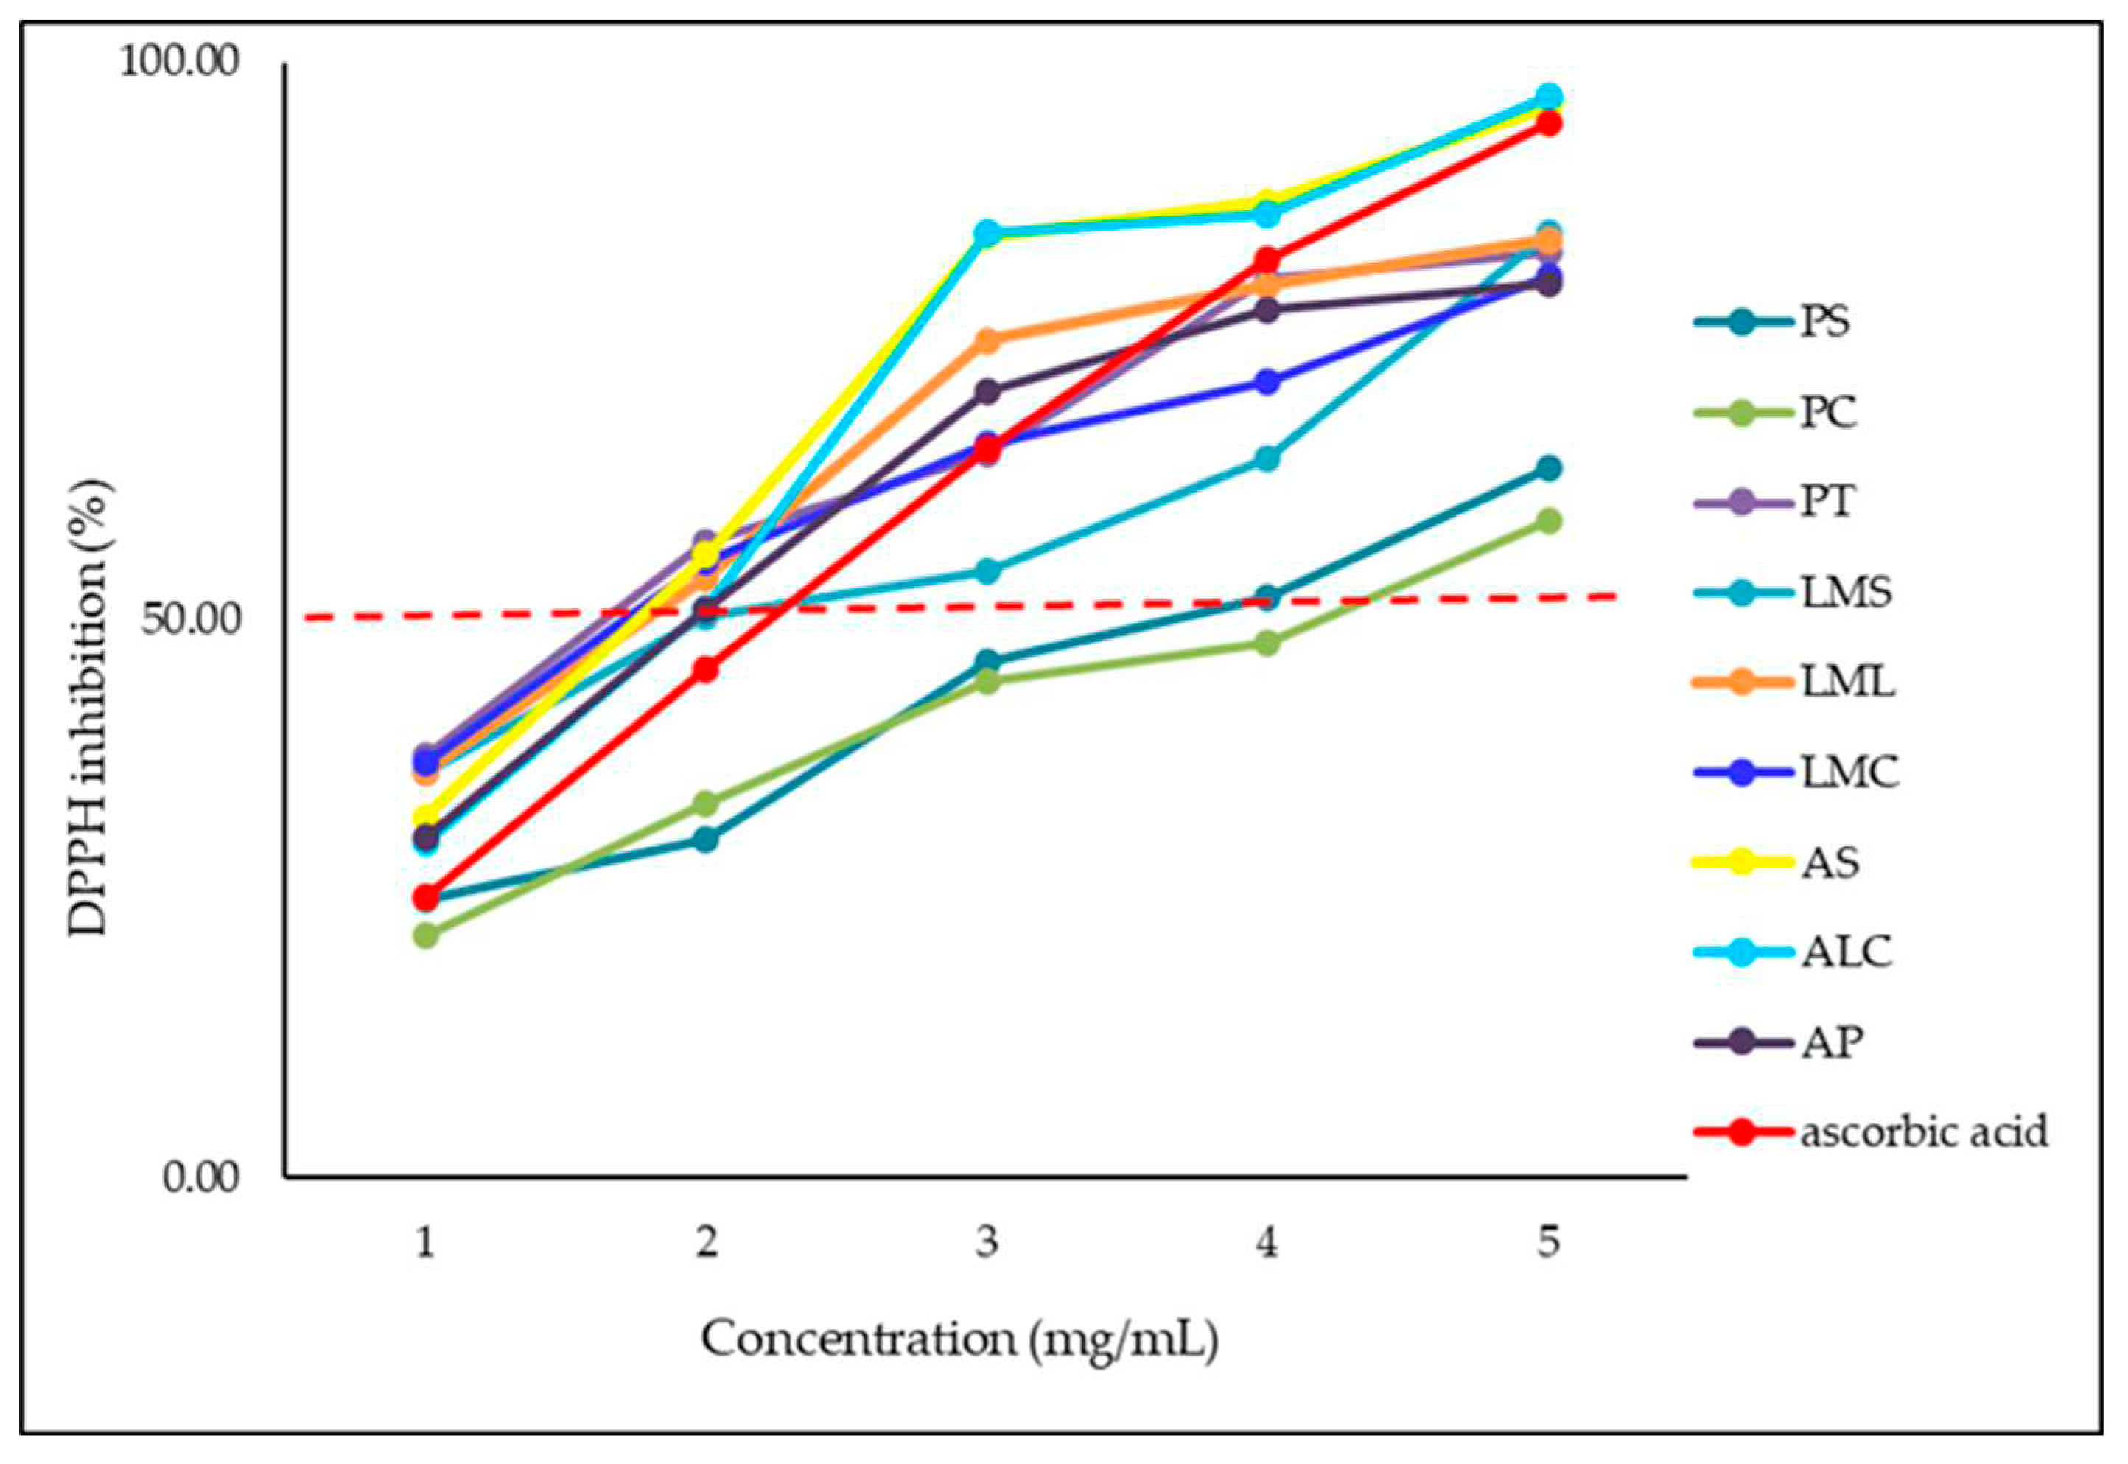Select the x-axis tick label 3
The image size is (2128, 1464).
point(987,1244)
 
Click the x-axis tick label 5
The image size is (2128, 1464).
point(1547,1244)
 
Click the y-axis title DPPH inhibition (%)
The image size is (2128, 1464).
point(90,706)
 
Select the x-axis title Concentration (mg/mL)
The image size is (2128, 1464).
point(960,1340)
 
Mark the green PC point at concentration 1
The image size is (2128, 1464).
point(425,935)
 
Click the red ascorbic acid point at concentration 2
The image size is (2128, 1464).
point(705,669)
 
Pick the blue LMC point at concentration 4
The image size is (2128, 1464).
point(1267,382)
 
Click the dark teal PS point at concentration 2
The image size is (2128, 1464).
point(705,840)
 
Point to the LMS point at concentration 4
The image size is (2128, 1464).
point(1267,459)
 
